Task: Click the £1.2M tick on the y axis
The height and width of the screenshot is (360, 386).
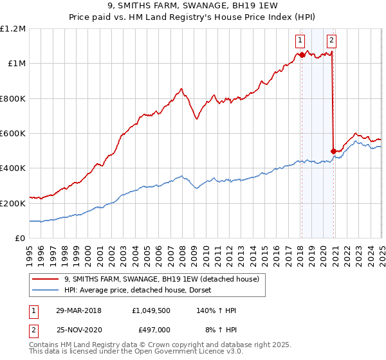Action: click(x=13, y=29)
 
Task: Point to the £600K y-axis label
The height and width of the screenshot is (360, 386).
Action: click(x=13, y=134)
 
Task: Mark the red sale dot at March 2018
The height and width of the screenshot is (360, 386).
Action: click(x=302, y=55)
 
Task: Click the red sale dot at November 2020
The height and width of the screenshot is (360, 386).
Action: click(x=333, y=152)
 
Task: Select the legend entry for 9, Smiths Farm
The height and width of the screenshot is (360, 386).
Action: click(x=161, y=279)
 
